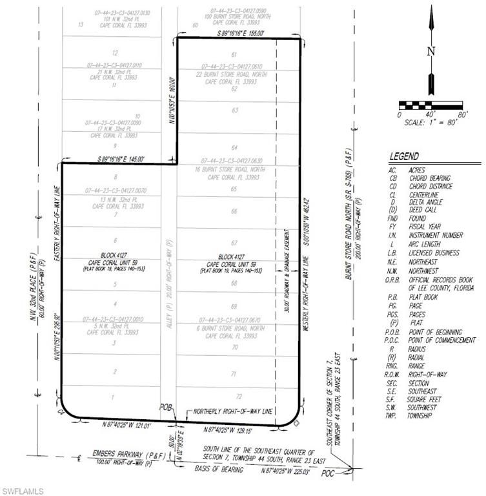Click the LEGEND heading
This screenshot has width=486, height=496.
pyautogui.click(x=404, y=156)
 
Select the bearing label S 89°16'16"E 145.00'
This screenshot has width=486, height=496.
pyautogui.click(x=119, y=158)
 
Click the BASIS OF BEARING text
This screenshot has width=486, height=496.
pyautogui.click(x=214, y=470)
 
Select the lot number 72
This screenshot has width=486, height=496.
pyautogui.click(x=238, y=396)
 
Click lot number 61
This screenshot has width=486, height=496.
pyautogui.click(x=234, y=54)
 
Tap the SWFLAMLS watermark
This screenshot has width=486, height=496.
pyautogui.click(x=23, y=490)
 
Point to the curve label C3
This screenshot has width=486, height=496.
pyautogui.click(x=298, y=422)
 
